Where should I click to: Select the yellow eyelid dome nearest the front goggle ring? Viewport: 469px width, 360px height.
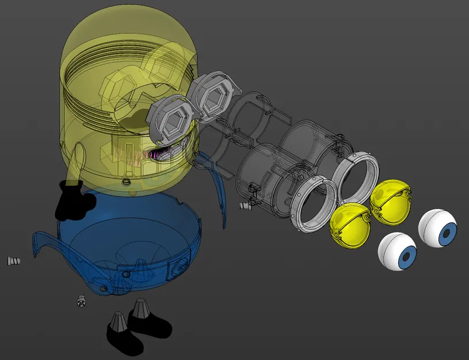[x=350, y=223]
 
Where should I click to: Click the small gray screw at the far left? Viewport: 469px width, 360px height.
[x=14, y=261]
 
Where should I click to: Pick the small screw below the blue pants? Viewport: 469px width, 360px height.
[x=81, y=301]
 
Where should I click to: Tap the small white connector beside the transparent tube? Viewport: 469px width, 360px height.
[x=246, y=205]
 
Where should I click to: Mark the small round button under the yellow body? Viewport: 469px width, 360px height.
[x=126, y=183]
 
